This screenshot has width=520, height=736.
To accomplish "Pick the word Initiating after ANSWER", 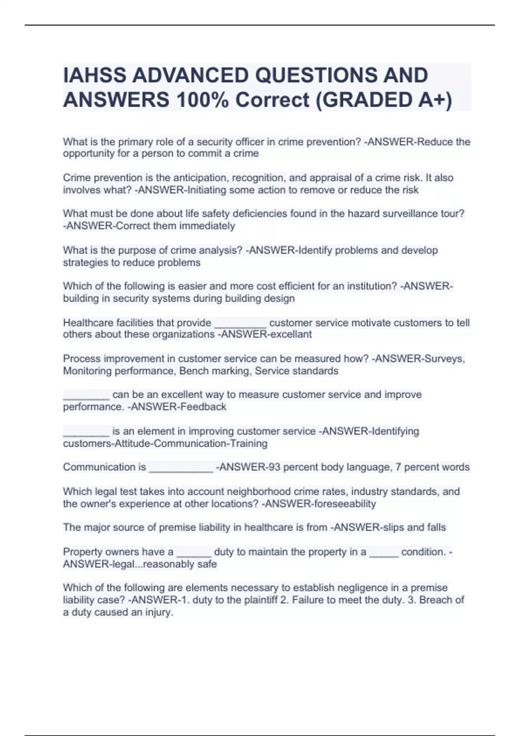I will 207,190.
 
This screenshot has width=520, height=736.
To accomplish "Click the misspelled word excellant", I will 291,335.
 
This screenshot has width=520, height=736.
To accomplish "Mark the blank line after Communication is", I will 181,468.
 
